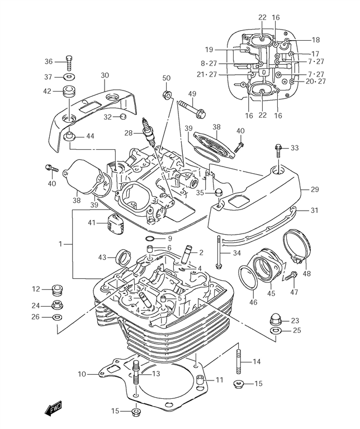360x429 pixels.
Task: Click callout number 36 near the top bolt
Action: (49, 61)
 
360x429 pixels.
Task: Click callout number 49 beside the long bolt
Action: (192, 93)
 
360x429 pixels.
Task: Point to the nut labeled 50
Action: (166, 93)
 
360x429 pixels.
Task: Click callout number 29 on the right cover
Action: (315, 190)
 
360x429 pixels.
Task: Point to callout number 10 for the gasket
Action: (82, 374)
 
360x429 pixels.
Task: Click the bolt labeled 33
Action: (278, 148)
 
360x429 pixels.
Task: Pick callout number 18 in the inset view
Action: (316, 40)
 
